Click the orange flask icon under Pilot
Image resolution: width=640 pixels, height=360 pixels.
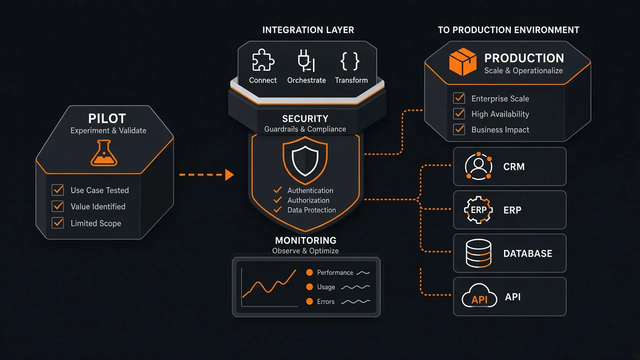[x=104, y=153]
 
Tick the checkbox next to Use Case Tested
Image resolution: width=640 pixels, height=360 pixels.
[x=57, y=189]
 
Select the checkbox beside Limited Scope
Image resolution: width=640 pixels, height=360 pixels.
[x=57, y=223]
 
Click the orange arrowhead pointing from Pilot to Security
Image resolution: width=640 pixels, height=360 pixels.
[x=229, y=175]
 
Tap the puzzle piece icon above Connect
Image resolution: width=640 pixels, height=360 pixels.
[x=263, y=60]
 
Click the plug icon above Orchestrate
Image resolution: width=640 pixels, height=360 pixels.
[x=306, y=60]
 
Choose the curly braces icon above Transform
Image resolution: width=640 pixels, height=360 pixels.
[x=350, y=61]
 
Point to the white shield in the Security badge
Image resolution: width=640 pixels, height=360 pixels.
[x=305, y=161]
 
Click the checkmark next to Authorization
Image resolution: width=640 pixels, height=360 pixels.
[x=277, y=200]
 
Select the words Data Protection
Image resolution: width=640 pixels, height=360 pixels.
[x=311, y=210]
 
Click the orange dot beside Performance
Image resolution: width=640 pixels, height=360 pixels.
[x=309, y=272]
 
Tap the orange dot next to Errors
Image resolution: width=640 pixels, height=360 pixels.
[x=309, y=301]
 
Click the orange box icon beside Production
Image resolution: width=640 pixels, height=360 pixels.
[x=463, y=61]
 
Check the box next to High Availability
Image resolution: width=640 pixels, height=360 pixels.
[x=459, y=113]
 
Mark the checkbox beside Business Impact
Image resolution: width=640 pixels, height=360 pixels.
[x=459, y=129]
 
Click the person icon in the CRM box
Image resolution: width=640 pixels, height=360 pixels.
[x=478, y=166]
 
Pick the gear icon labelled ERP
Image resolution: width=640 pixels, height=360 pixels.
[x=478, y=209]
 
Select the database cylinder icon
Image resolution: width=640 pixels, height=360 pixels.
[x=478, y=253]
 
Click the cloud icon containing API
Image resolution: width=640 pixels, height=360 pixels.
[x=479, y=295]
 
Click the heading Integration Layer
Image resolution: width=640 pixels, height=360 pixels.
[x=308, y=29]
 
